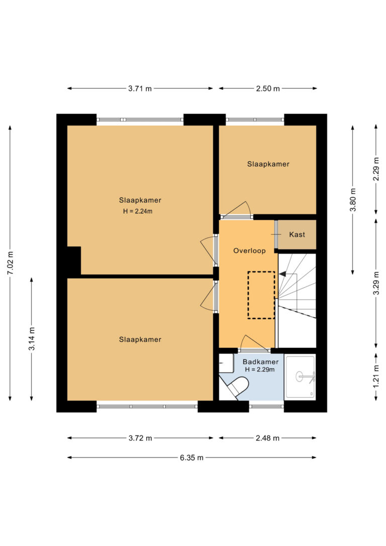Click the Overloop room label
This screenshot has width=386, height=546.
[x=249, y=251]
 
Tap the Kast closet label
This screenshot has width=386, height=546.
[x=297, y=235]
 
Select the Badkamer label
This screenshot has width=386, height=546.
[x=261, y=362]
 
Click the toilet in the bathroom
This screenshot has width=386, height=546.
[x=238, y=387]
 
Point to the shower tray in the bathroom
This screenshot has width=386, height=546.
[x=301, y=377]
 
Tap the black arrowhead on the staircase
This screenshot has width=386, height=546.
[x=282, y=274]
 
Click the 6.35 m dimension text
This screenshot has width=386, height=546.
[x=191, y=458]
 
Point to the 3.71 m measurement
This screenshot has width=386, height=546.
[x=140, y=88]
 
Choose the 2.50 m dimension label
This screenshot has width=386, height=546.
[x=268, y=88]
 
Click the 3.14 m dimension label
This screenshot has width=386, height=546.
[x=32, y=339]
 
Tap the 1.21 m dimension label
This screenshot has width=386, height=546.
[x=376, y=377]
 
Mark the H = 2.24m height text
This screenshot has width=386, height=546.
[x=138, y=211]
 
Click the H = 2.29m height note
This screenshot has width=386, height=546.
[x=260, y=370]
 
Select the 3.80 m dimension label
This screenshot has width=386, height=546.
[x=353, y=200]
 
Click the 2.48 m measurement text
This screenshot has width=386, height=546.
[x=268, y=438]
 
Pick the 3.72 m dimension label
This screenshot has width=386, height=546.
[x=140, y=438]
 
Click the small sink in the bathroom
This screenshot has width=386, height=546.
[x=226, y=363]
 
